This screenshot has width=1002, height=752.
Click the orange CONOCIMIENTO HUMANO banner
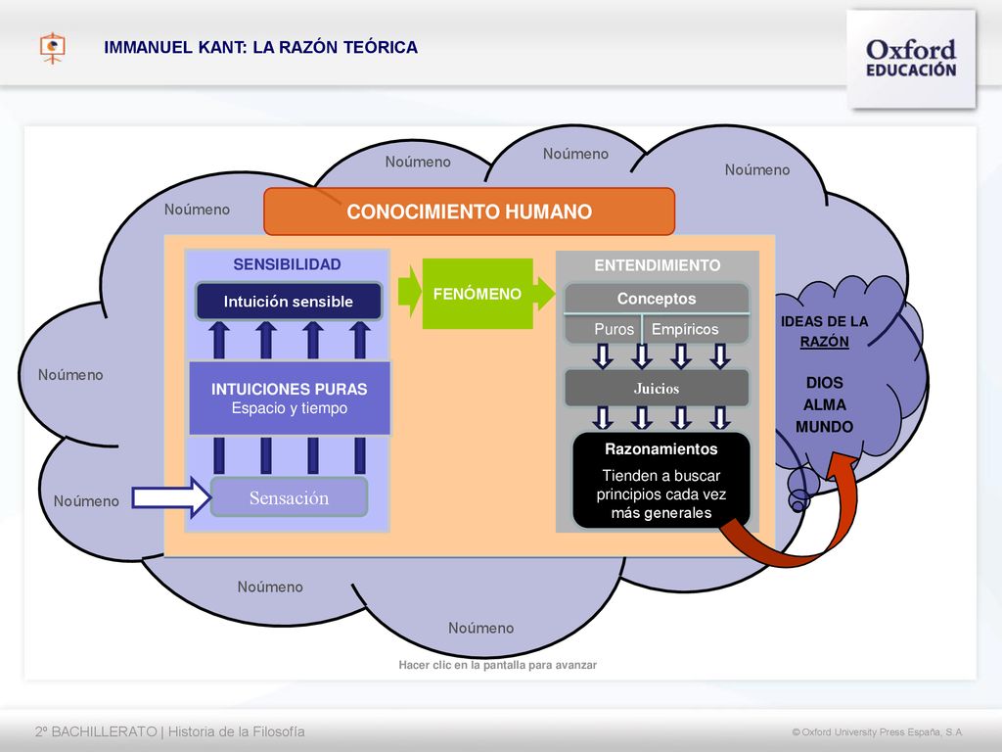point(469,211)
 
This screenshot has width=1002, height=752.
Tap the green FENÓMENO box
point(478,294)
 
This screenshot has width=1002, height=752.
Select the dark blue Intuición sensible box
point(289,302)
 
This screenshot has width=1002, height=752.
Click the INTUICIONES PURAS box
point(290,399)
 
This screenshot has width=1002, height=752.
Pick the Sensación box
point(289,496)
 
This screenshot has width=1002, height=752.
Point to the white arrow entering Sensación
point(171,496)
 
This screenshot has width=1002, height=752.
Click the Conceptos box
point(657,299)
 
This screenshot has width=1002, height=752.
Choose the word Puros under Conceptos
point(614,329)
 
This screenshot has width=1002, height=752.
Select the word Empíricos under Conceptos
point(685,329)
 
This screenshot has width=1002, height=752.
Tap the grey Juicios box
point(657,388)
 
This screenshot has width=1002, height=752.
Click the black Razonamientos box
point(661,480)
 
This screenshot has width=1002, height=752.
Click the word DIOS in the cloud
point(824,383)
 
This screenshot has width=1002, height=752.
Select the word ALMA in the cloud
point(824,404)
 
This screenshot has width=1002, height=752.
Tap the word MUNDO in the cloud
point(824,427)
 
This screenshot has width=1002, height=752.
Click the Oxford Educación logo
point(911,58)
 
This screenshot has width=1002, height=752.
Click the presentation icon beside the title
point(53,48)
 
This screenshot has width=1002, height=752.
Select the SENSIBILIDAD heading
point(287,264)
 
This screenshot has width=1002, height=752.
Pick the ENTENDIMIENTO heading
point(657,265)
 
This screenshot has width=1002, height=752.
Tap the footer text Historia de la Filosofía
point(237,731)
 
